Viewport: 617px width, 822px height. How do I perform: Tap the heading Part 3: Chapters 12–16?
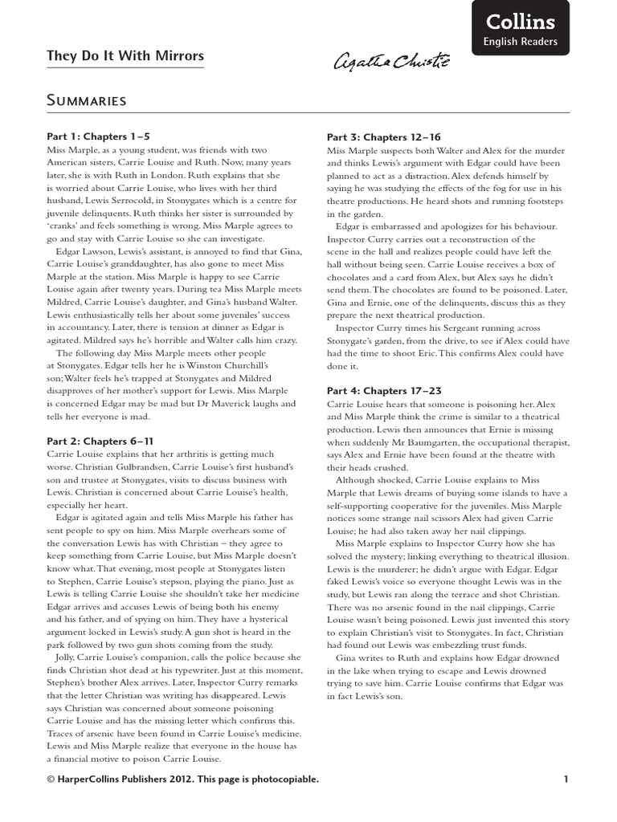tap(384, 137)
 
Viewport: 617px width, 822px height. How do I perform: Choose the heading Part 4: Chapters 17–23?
tap(384, 390)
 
